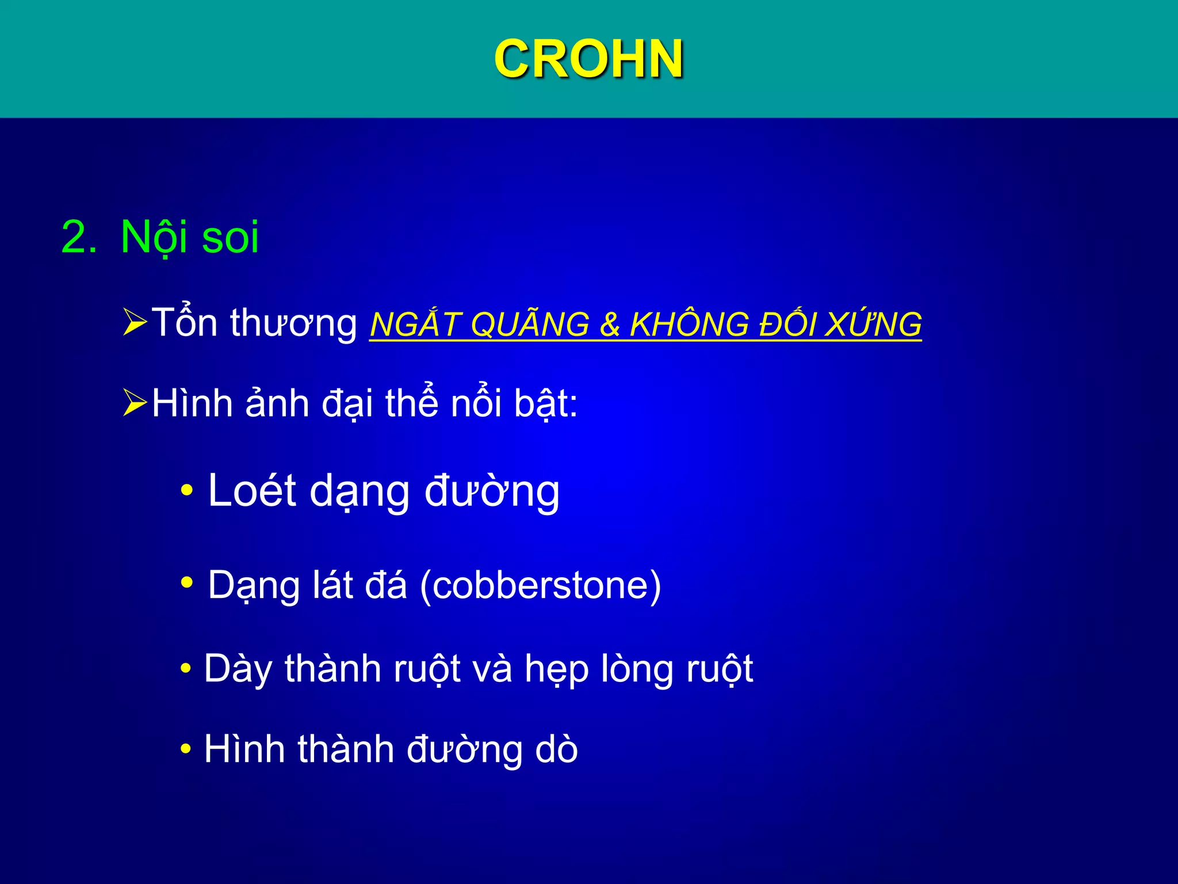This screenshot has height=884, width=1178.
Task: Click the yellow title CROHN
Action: click(x=588, y=59)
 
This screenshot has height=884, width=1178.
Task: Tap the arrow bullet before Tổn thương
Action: click(x=135, y=322)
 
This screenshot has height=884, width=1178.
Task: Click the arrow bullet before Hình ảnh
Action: click(x=135, y=402)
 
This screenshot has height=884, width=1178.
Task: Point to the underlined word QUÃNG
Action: click(x=529, y=324)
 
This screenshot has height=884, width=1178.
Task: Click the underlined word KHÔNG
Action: click(x=689, y=324)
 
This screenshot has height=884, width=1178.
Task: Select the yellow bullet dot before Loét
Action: click(x=186, y=491)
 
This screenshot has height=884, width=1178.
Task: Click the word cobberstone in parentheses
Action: click(x=541, y=585)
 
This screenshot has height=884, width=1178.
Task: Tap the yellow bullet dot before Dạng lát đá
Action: click(x=186, y=582)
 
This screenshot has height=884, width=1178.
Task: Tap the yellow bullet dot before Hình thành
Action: click(x=185, y=749)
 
